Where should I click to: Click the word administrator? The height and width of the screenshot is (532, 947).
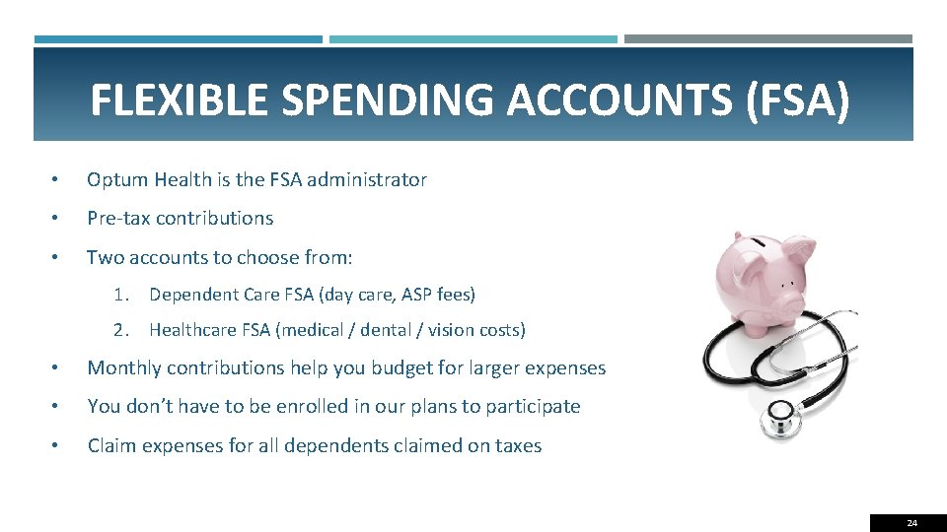pyautogui.click(x=367, y=179)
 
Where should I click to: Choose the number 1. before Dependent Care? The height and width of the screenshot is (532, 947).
pyautogui.click(x=122, y=294)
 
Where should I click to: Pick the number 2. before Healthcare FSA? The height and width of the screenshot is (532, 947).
pyautogui.click(x=122, y=330)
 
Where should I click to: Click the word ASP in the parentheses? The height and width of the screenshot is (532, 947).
pyautogui.click(x=415, y=294)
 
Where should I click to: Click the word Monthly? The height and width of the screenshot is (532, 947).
pyautogui.click(x=124, y=367)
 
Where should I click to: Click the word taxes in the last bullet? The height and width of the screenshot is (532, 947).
pyautogui.click(x=519, y=445)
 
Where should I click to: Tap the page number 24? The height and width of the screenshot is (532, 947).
pyautogui.click(x=911, y=522)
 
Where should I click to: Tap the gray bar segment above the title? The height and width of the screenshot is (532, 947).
pyautogui.click(x=768, y=39)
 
